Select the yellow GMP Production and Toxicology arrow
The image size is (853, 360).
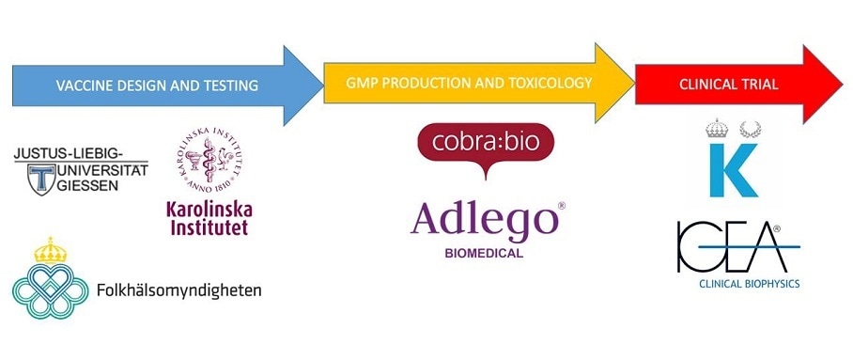click(x=470, y=85)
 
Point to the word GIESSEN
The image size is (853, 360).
click(x=91, y=186)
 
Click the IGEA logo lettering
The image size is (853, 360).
click(x=729, y=247)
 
